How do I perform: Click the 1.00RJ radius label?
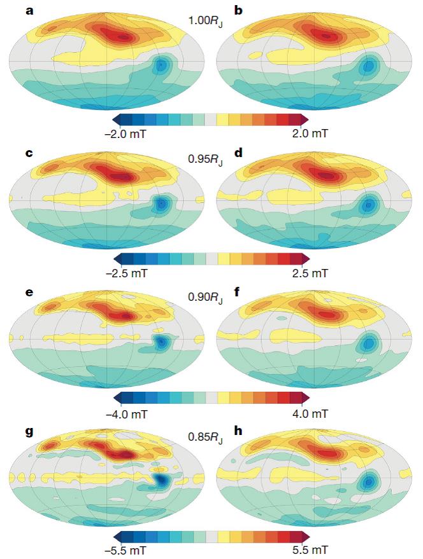pyautogui.click(x=204, y=22)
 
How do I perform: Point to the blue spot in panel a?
pyautogui.click(x=161, y=65)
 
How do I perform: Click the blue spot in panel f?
pyautogui.click(x=368, y=343)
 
